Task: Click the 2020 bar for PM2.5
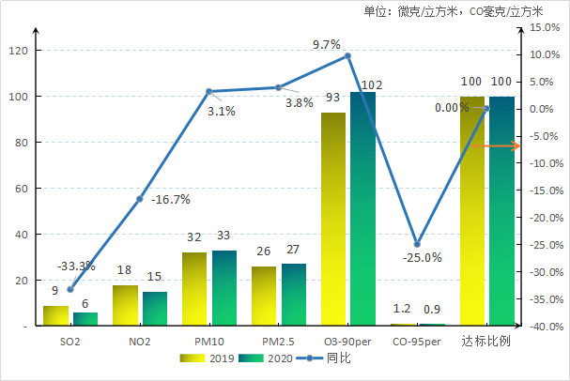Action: pos(294,295)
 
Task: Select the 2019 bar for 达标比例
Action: pos(472,210)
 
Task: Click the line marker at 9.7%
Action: pos(347,55)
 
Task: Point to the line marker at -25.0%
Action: pos(417,244)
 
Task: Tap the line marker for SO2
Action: pos(69,289)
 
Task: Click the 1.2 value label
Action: pos(402,308)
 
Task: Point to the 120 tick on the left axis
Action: pos(19,51)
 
